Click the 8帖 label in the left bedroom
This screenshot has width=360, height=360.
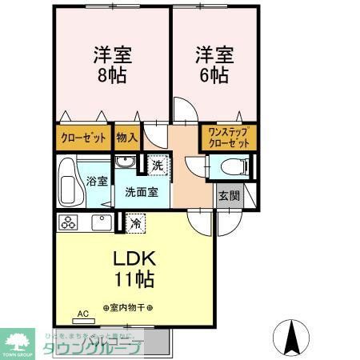coord(112,78)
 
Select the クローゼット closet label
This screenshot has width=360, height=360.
coord(83,138)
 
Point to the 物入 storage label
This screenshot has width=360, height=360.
coord(126,138)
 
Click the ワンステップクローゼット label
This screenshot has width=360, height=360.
coord(227,136)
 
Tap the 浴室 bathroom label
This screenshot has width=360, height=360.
coord(97,181)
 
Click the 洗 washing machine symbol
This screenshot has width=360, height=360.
coord(157,166)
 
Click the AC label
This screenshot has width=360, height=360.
coord(82,314)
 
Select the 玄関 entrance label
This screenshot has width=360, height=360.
coord(227,196)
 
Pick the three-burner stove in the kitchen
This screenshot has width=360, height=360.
coord(66,223)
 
